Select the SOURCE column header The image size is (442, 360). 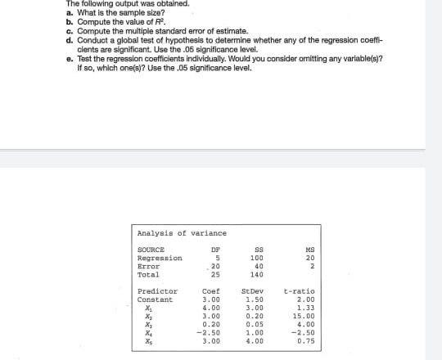click(x=151, y=249)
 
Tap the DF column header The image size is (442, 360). click(x=216, y=249)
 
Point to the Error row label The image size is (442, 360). click(x=147, y=266)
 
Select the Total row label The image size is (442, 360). click(x=147, y=274)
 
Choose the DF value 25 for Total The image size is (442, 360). click(x=215, y=274)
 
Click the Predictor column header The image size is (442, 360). click(x=157, y=291)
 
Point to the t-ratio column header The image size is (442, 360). click(x=300, y=291)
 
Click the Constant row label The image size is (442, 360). click(x=156, y=299)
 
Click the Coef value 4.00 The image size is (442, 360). click(x=212, y=308)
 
